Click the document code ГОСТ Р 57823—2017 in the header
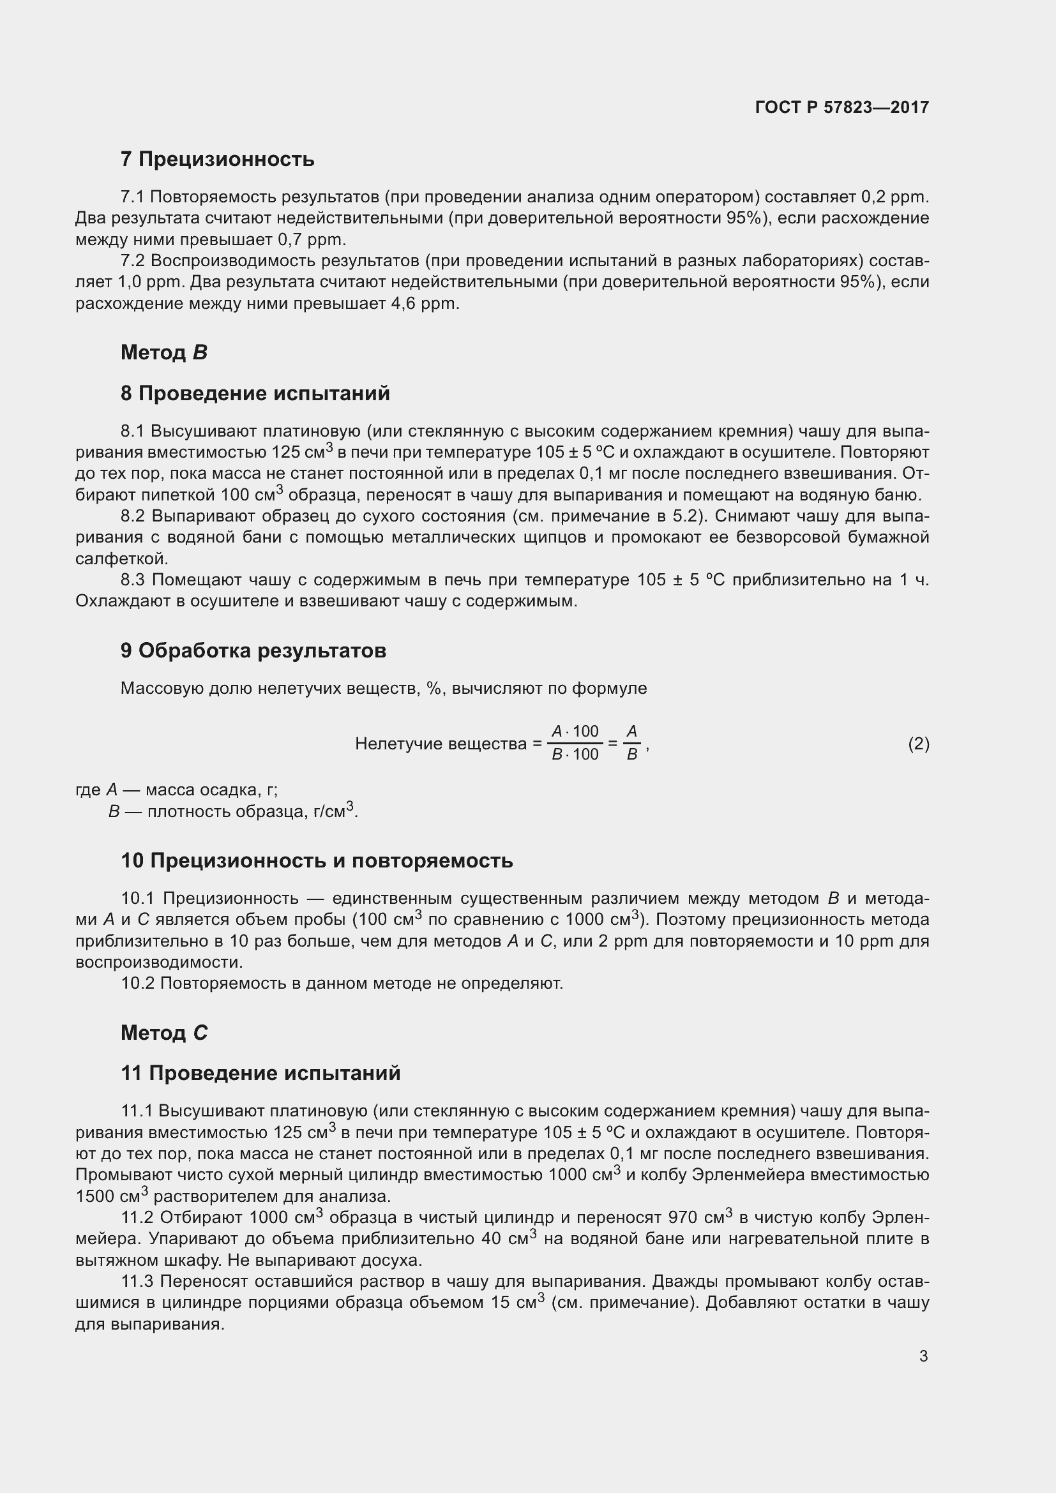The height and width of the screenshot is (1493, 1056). coord(841,107)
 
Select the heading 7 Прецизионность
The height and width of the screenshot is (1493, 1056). coord(217,160)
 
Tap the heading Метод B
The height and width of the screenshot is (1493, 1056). coord(164,352)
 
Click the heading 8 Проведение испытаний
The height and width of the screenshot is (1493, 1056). coord(255,393)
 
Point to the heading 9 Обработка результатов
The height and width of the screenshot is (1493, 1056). coord(253,650)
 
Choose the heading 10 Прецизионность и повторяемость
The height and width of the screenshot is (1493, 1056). coord(317,860)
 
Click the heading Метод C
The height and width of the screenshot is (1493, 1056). coord(164,1033)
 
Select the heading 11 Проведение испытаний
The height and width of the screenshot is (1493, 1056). coord(260,1073)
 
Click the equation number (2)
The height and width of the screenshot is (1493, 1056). coord(918,743)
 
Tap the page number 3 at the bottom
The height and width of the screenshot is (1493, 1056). coord(923,1356)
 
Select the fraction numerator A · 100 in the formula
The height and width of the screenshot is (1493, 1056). coord(575,731)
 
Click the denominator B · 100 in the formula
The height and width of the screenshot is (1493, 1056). coord(575,754)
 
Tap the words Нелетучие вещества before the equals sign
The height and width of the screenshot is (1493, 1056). coord(441,744)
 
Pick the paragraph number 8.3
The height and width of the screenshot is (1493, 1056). coord(134,580)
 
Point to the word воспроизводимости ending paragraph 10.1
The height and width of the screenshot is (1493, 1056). coord(159,962)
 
